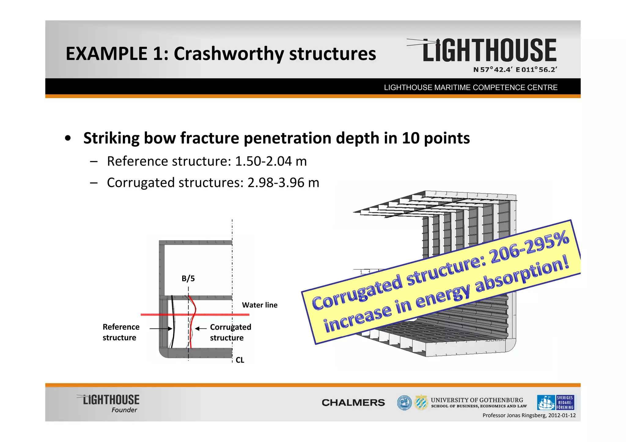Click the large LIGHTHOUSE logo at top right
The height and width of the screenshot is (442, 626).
tap(489, 50)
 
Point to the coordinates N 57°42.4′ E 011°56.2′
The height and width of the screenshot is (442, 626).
tap(515, 70)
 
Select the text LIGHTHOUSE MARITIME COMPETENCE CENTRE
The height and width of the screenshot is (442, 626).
tap(471, 88)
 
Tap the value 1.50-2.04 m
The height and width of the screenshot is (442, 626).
tap(271, 161)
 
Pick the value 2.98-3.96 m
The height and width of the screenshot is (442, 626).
tap(283, 183)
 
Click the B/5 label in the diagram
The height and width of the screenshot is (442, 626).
tap(188, 278)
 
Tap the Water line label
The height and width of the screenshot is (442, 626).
tap(260, 305)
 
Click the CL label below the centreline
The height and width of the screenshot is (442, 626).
tap(240, 360)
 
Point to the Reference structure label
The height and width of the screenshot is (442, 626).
tap(121, 332)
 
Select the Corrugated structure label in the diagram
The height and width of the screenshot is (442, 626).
tap(230, 332)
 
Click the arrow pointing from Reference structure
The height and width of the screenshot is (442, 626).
tap(161, 329)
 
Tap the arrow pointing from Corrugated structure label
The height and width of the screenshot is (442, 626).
tap(201, 329)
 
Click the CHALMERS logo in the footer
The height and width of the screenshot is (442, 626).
tap(353, 403)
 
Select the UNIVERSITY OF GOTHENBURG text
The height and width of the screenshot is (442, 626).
tap(477, 400)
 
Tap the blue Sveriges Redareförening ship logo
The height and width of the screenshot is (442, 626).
tap(555, 403)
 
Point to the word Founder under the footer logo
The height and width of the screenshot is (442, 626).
tap(124, 410)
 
